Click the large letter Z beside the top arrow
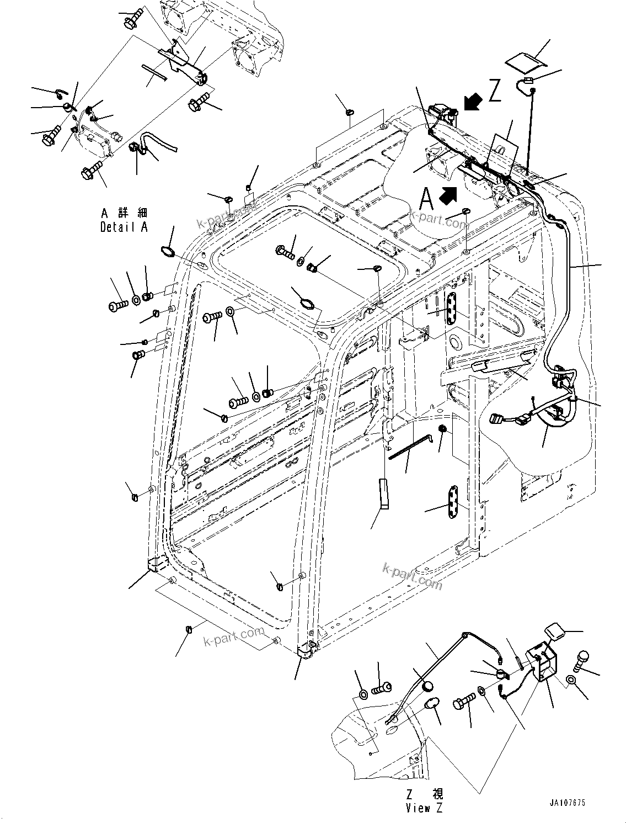[x=494, y=91]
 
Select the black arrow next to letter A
[x=448, y=194]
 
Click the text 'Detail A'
[x=124, y=227]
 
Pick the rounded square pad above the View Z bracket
[x=553, y=631]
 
